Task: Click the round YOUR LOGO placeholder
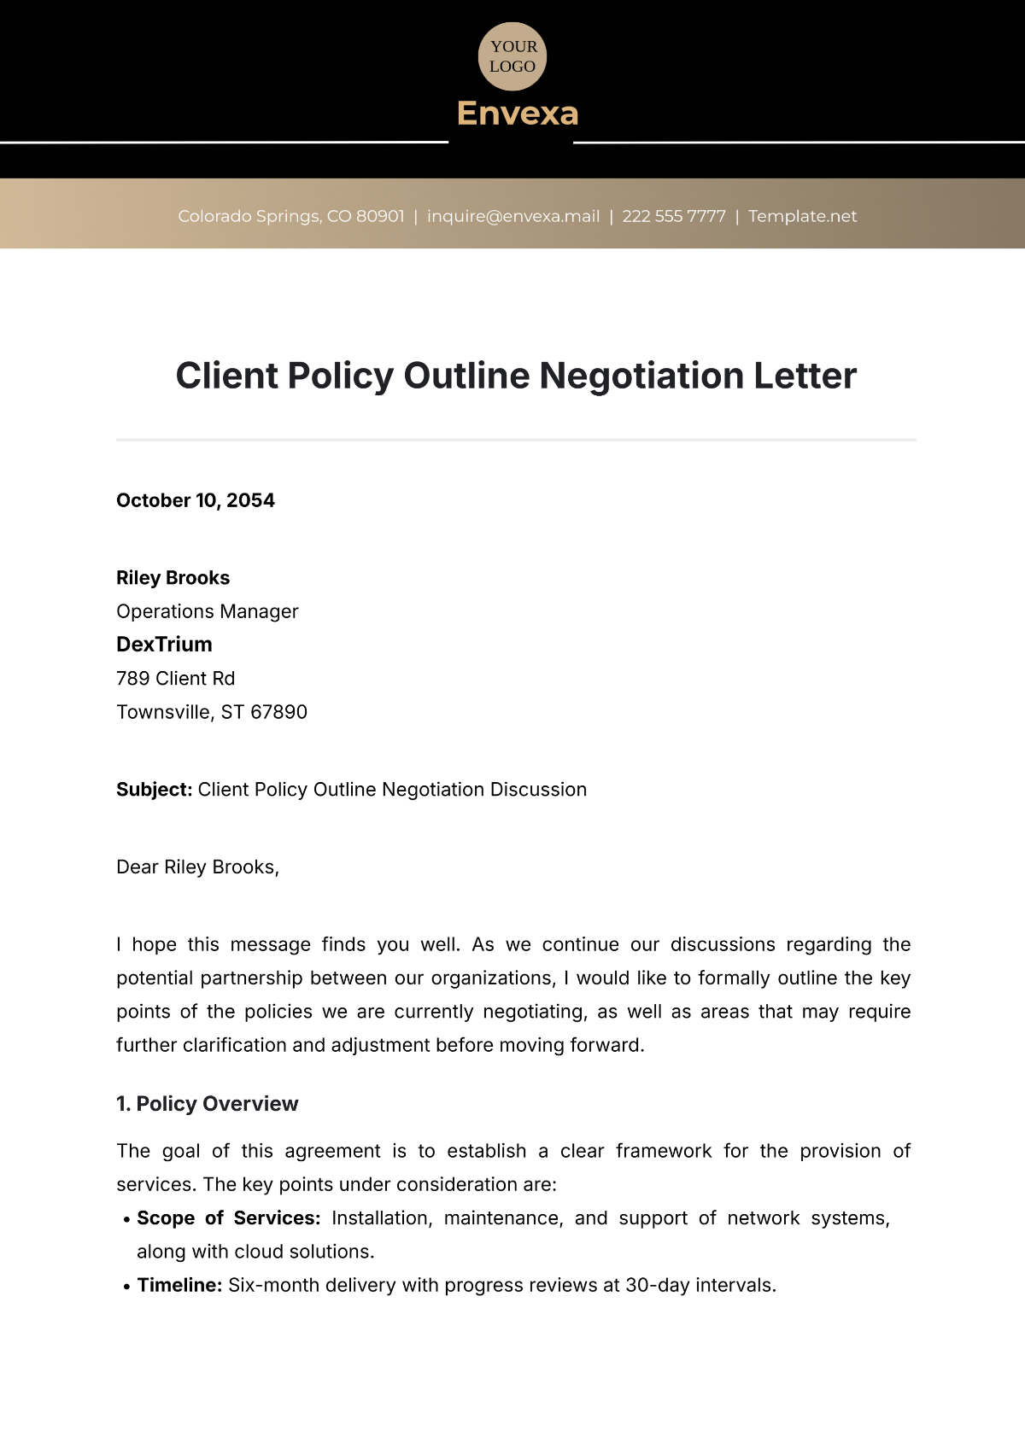[512, 56]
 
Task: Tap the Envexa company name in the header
[518, 114]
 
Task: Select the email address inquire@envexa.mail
[513, 216]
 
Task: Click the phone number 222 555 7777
[674, 216]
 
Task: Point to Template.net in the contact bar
[802, 216]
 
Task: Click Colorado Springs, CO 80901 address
[291, 216]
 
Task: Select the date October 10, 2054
[196, 500]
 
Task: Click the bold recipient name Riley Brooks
[173, 578]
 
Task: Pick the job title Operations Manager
[208, 611]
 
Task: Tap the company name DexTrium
[164, 645]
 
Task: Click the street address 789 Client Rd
[175, 679]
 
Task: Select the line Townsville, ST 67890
[212, 712]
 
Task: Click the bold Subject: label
[154, 790]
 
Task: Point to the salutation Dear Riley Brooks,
[197, 867]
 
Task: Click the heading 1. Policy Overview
[208, 1104]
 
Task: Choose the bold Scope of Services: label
[229, 1218]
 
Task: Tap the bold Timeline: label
[179, 1286]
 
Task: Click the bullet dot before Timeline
[126, 1287]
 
